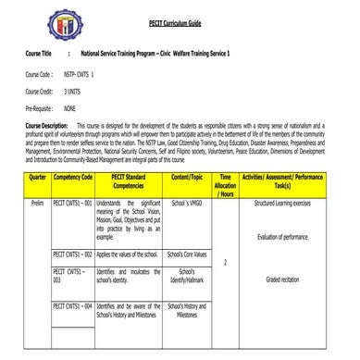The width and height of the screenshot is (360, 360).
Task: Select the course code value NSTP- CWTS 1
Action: (80, 73)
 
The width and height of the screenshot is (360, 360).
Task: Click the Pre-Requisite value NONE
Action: (70, 109)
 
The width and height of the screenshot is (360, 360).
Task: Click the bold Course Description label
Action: (47, 124)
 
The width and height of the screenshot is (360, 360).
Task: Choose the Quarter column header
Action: (39, 176)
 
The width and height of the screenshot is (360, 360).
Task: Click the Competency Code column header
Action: (73, 176)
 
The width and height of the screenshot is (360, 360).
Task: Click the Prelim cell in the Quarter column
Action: (38, 201)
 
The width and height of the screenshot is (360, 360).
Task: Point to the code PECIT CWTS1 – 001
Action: (73, 201)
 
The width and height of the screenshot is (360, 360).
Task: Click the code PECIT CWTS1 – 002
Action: (73, 253)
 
